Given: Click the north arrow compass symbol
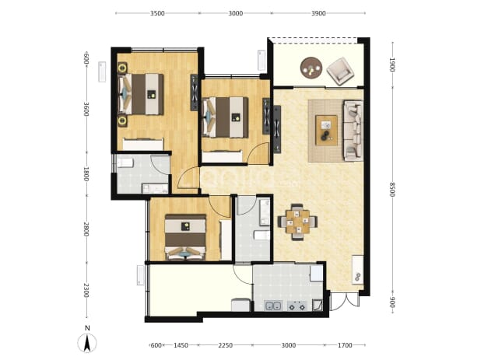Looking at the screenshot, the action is click(87, 343).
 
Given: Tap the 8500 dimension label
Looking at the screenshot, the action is click(391, 190).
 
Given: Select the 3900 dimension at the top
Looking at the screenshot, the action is click(318, 13).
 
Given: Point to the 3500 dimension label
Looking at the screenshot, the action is click(157, 13).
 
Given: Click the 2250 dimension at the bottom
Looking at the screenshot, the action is click(226, 345).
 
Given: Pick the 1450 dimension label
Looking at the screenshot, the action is click(181, 345).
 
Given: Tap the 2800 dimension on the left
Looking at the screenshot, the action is click(86, 229).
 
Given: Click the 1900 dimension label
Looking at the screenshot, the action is click(391, 65).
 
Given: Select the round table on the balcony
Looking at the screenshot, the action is click(311, 68).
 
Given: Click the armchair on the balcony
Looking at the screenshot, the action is click(340, 71).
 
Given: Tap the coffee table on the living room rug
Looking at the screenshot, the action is click(326, 130).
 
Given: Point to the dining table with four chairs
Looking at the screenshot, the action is click(297, 222).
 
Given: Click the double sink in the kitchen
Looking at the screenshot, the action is click(273, 306).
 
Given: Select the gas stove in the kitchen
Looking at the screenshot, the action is click(297, 306).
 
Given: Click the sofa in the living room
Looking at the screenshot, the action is click(353, 131).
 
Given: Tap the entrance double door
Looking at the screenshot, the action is click(346, 300).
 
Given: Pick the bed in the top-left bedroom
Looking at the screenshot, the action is click(141, 94).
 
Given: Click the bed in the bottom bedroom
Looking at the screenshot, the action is click(185, 237).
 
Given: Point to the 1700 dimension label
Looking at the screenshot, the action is click(345, 345).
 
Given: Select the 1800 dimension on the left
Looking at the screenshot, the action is click(86, 173).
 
